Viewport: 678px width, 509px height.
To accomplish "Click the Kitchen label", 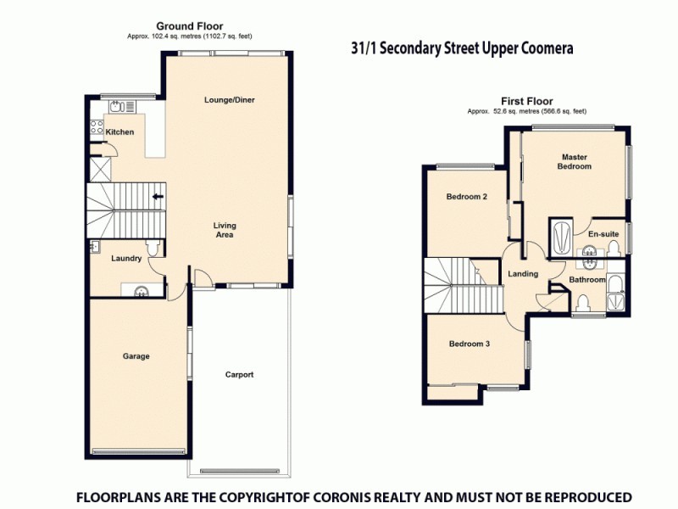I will tap(119, 132).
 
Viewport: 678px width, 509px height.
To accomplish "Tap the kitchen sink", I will tap(117, 106).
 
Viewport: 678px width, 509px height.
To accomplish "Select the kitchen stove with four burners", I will tap(96, 128).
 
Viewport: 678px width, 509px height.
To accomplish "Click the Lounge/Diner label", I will tap(229, 100).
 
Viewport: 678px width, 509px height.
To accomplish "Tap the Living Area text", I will tap(225, 230).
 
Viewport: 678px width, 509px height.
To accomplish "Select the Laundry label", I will tap(126, 259).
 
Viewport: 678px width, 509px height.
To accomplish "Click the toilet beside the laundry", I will tap(152, 248).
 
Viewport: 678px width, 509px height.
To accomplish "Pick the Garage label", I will tap(136, 356).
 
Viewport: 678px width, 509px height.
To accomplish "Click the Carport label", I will tap(239, 374).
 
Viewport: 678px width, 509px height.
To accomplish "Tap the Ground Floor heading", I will tap(190, 26).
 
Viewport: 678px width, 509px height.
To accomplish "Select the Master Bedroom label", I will tap(574, 161).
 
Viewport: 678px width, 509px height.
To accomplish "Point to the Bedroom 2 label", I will tap(467, 197).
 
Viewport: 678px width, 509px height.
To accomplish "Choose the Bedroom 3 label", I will tap(470, 344).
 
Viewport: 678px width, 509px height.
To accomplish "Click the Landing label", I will tap(523, 274).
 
